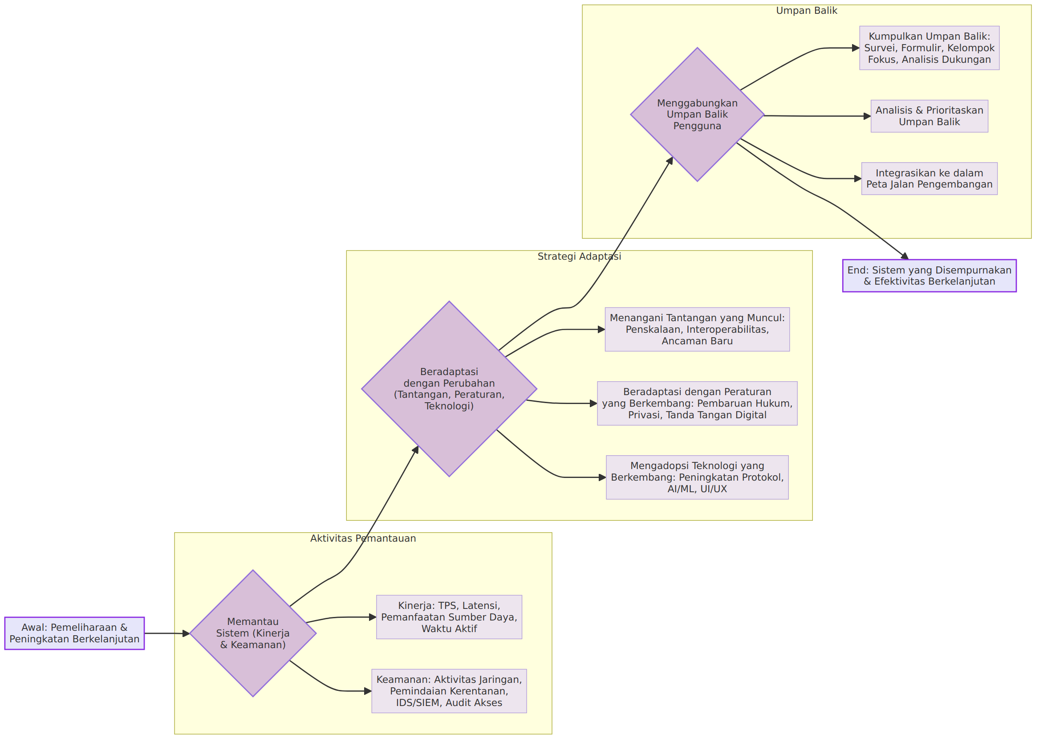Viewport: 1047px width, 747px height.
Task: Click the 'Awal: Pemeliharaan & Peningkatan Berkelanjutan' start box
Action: (74, 633)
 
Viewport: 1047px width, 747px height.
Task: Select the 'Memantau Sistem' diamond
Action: (253, 633)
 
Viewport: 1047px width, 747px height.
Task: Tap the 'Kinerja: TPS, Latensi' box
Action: (449, 617)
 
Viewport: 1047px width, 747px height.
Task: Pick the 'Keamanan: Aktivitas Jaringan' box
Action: (449, 691)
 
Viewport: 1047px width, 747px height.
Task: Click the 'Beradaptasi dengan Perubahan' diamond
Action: (449, 389)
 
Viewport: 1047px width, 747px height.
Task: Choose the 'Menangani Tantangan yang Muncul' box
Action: (697, 329)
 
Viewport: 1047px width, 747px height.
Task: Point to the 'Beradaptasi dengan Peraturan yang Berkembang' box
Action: (697, 404)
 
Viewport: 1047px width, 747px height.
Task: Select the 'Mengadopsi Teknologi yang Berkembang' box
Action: (697, 478)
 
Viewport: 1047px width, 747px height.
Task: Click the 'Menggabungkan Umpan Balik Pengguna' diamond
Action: (697, 114)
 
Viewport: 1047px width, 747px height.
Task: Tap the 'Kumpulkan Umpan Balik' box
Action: (929, 48)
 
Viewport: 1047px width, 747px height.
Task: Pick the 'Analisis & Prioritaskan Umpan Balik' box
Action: (929, 116)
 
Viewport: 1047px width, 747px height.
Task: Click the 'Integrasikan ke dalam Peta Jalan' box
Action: (929, 179)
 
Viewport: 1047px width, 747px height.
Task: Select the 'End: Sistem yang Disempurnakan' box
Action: (929, 276)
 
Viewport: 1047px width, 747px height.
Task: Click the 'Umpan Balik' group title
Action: (807, 11)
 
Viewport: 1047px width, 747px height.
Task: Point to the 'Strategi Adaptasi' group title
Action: (579, 256)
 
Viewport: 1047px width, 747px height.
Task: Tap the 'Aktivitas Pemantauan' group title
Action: (363, 538)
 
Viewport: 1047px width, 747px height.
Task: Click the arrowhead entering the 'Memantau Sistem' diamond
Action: (186, 633)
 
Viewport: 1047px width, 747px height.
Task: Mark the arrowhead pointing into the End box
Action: (905, 256)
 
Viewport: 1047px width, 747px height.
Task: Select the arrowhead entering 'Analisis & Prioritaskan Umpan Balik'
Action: (867, 116)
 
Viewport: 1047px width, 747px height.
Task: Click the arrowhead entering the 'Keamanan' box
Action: (368, 691)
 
